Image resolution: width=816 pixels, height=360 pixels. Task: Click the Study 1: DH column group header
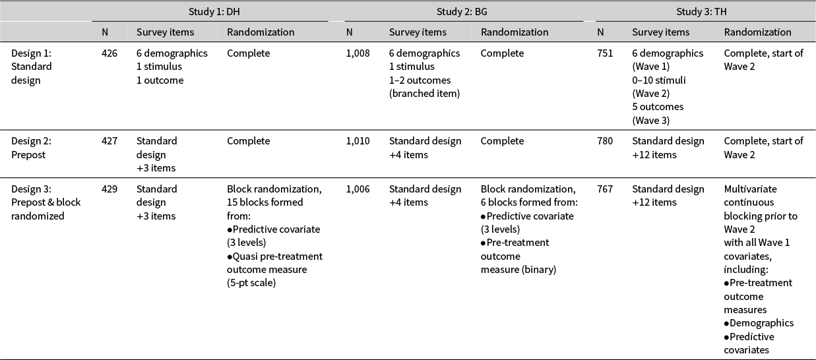point(210,11)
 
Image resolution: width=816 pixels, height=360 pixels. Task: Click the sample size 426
point(109,53)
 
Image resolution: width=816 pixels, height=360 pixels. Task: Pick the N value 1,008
point(358,53)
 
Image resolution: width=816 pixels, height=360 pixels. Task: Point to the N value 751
point(605,53)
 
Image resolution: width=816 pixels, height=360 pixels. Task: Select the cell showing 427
point(109,141)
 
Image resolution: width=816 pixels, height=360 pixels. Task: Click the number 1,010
point(358,141)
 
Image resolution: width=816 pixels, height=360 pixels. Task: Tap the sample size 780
point(605,141)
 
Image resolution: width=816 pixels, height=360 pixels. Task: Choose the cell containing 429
point(109,189)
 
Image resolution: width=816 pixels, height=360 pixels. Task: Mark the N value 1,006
point(358,189)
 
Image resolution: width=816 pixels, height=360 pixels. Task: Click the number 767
point(605,189)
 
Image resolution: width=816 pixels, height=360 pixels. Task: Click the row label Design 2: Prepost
point(32,148)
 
